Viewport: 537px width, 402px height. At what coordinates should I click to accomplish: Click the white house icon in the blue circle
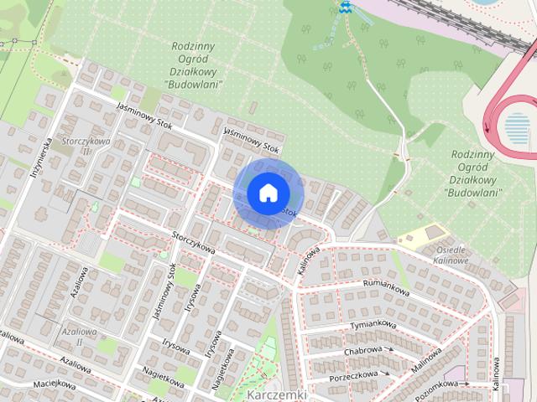pyautogui.click(x=268, y=193)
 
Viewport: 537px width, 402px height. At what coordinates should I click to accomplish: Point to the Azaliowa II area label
pyautogui.click(x=79, y=337)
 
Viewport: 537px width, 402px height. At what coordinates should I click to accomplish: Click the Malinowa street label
pyautogui.click(x=428, y=361)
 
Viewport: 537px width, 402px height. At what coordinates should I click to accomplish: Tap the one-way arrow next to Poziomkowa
pyautogui.click(x=467, y=384)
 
